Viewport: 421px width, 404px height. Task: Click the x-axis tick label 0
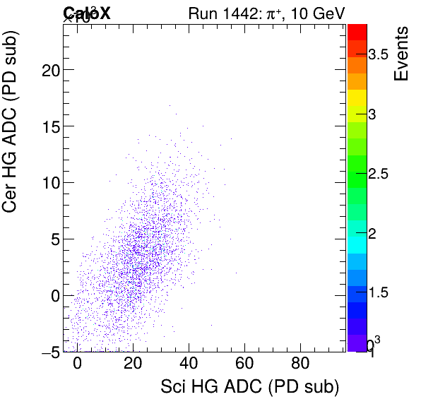[78, 365]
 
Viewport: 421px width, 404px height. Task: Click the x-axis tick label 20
[134, 365]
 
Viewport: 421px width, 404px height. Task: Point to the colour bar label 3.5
[383, 55]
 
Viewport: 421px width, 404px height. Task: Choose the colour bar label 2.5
[383, 174]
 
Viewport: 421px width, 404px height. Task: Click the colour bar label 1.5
[383, 292]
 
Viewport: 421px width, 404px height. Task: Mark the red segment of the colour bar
[357, 31]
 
